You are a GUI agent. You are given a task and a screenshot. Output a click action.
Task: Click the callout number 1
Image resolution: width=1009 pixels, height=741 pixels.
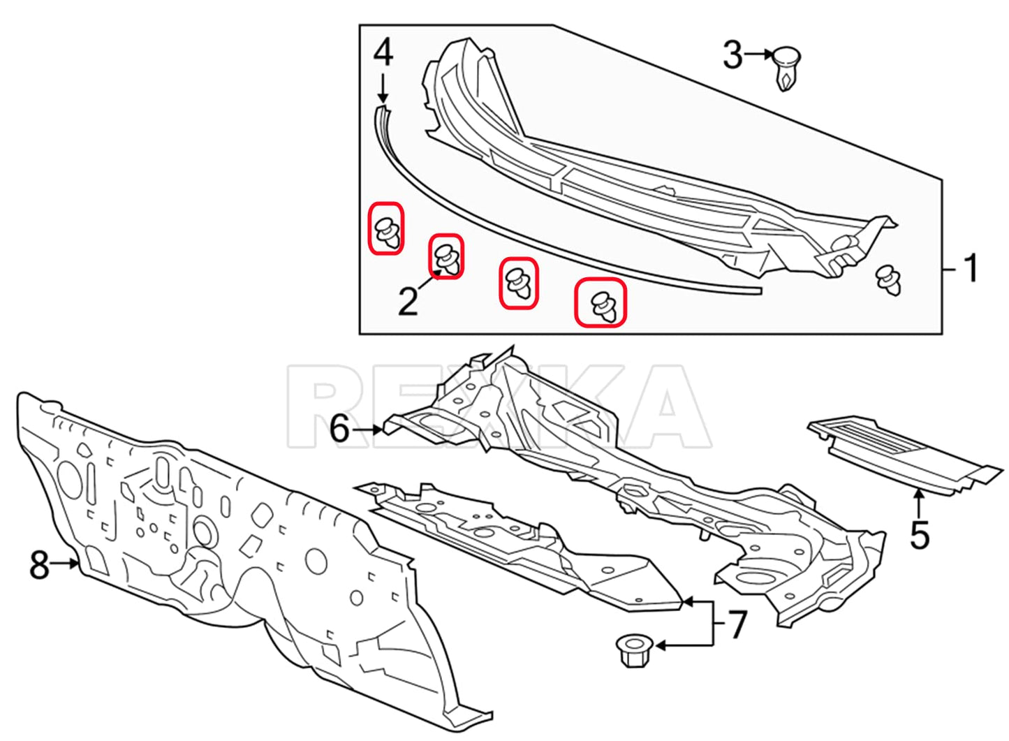coord(971,268)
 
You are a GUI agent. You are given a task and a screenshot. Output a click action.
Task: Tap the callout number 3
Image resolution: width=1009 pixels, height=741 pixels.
coord(733,54)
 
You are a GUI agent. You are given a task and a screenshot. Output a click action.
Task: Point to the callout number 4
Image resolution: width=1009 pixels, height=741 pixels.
coord(383,52)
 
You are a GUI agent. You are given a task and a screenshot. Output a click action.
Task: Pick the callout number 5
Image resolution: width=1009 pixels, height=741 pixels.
coord(920,535)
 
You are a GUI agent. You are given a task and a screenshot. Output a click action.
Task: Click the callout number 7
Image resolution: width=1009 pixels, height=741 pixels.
coord(737,624)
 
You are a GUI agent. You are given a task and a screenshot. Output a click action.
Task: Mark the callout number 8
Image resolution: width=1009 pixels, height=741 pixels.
coord(39,565)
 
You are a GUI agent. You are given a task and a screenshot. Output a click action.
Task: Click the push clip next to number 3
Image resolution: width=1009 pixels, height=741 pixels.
coord(786,68)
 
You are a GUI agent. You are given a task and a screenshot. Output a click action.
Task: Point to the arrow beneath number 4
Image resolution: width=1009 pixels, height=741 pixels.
coord(383,88)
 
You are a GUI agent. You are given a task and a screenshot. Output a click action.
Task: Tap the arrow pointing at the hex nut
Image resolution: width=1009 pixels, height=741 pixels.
coord(685,646)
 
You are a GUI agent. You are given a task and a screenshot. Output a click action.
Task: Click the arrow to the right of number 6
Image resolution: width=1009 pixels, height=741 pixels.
coord(367,430)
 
